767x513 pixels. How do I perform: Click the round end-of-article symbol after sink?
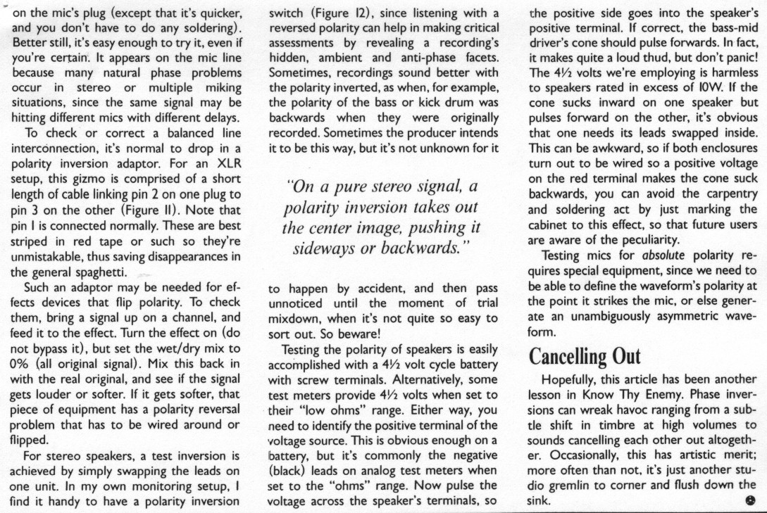[748, 501]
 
